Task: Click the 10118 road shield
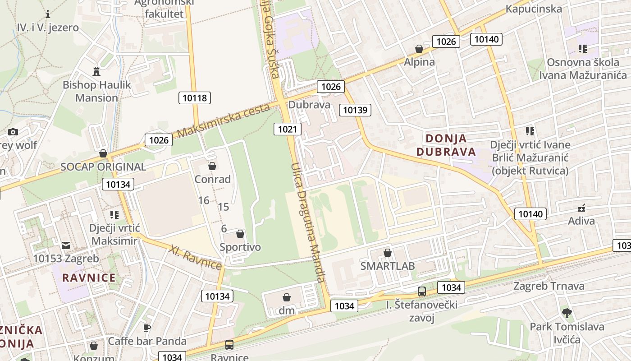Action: pyautogui.click(x=195, y=97)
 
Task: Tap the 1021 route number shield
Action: pyautogui.click(x=287, y=130)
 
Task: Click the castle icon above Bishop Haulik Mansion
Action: pyautogui.click(x=96, y=71)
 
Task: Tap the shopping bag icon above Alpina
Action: pyautogui.click(x=419, y=49)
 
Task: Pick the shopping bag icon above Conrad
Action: pyautogui.click(x=212, y=166)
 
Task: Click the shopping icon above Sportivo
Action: pyautogui.click(x=240, y=234)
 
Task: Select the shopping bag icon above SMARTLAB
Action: pyautogui.click(x=387, y=253)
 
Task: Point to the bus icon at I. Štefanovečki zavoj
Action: pyautogui.click(x=422, y=292)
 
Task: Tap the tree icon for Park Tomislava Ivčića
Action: pyautogui.click(x=567, y=313)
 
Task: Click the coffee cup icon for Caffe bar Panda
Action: pyautogui.click(x=146, y=328)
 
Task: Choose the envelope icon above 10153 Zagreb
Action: pyautogui.click(x=66, y=245)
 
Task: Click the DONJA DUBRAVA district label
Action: pyautogui.click(x=446, y=145)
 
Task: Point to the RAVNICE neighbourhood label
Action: pyautogui.click(x=89, y=277)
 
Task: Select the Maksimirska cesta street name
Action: pyautogui.click(x=224, y=120)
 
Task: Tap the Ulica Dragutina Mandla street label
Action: pyautogui.click(x=308, y=222)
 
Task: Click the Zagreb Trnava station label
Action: pyautogui.click(x=549, y=286)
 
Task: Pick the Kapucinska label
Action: pyautogui.click(x=534, y=9)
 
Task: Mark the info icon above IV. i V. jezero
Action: pyautogui.click(x=48, y=14)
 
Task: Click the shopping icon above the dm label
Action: pyautogui.click(x=286, y=297)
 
